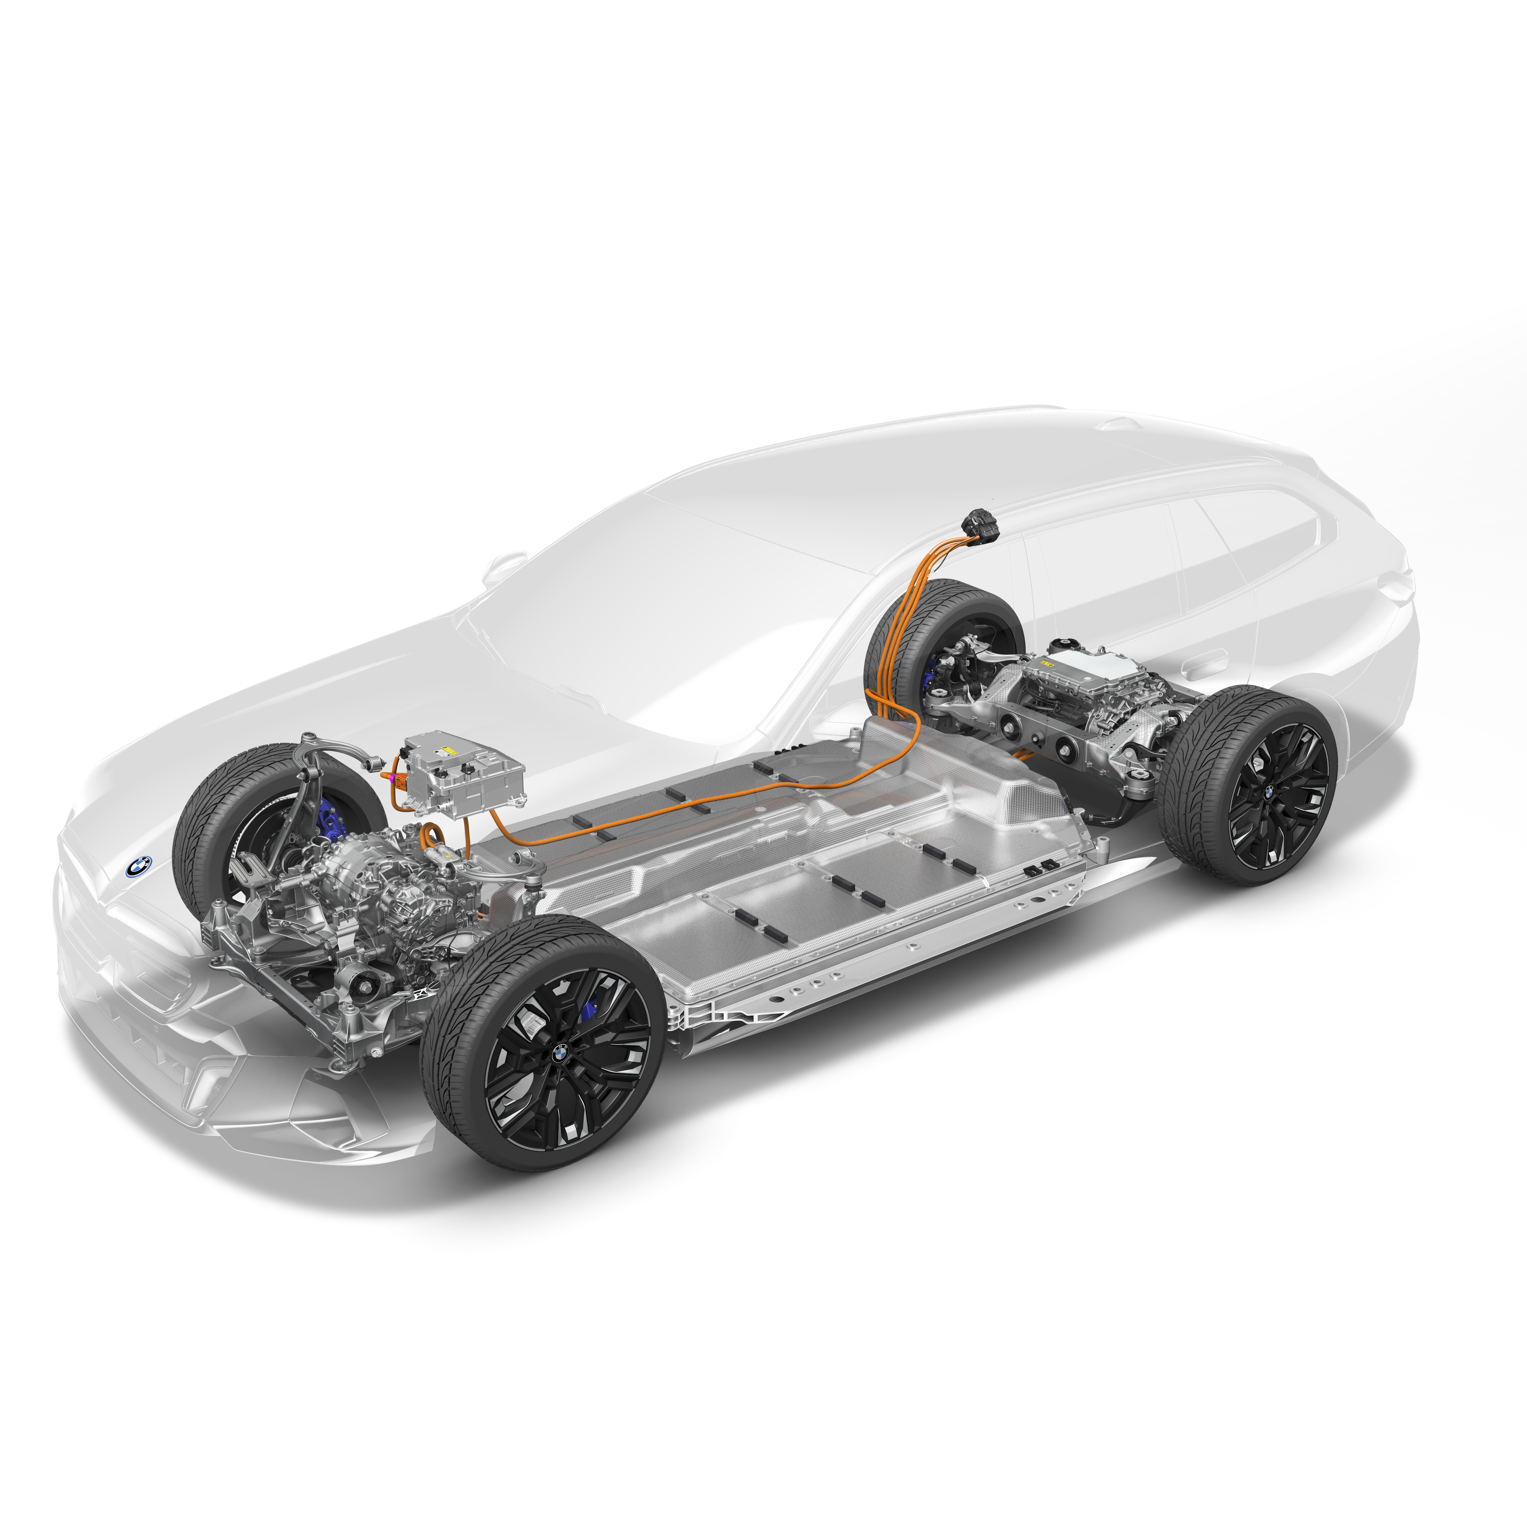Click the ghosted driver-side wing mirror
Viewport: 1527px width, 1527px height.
pos(504,566)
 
